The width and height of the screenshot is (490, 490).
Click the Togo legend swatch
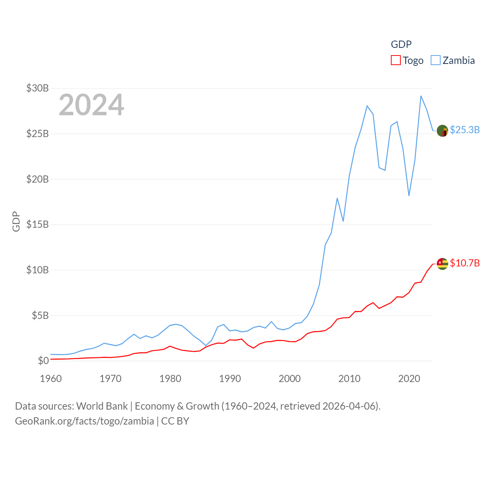(396, 60)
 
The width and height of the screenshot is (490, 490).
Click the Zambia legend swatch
(436, 60)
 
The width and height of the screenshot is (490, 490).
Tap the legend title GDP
(401, 44)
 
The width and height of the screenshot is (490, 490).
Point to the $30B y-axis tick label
(38, 88)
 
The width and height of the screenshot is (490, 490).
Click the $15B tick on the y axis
(38, 224)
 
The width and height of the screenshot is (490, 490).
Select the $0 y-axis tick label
(43, 361)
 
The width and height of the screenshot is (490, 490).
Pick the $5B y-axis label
(40, 315)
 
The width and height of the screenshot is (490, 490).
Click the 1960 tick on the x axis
(51, 379)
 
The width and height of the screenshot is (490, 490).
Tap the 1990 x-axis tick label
(230, 379)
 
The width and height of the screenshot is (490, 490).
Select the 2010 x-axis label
(350, 379)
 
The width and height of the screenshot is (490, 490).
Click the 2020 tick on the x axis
(409, 379)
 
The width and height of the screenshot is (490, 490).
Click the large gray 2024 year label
(91, 105)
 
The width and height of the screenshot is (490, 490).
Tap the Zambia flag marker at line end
(443, 131)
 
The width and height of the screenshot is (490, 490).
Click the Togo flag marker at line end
(443, 264)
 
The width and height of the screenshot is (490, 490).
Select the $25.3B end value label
(465, 130)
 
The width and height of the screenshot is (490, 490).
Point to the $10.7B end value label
(465, 263)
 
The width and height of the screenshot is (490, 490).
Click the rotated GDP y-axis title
(16, 221)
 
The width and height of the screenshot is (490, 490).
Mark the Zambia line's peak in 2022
(421, 96)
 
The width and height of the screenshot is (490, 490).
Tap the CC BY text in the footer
(175, 421)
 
